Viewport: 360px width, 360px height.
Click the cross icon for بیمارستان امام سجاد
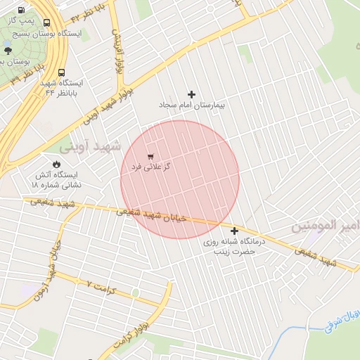pyautogui.click(x=191, y=94)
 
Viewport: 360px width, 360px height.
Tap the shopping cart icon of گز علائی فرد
pyautogui.click(x=150, y=156)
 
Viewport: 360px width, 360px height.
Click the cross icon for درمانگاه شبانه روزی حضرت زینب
pyautogui.click(x=234, y=231)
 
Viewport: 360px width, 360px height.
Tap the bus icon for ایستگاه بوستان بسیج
pyautogui.click(x=46, y=23)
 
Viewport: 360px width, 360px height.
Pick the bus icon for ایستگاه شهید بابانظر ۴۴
pyautogui.click(x=62, y=72)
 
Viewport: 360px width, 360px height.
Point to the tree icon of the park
pyautogui.click(x=8, y=50)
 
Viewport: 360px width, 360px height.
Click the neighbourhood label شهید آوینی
pyautogui.click(x=90, y=146)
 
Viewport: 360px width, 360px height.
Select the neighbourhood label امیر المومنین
pyautogui.click(x=325, y=226)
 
